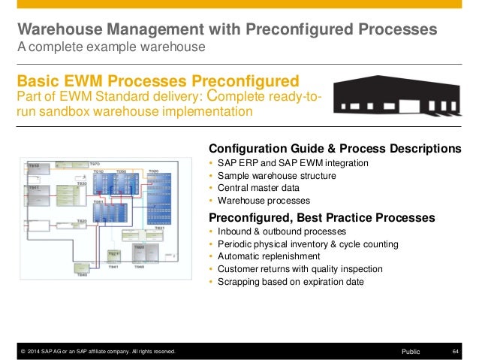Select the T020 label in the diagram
tap(153, 171)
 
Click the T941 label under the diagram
tap(113, 267)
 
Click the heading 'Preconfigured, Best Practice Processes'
tap(321, 217)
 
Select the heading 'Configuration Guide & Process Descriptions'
tap(334, 147)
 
